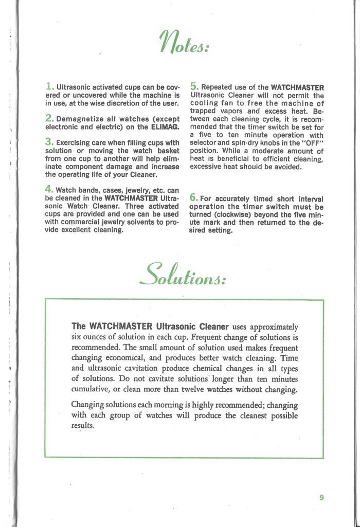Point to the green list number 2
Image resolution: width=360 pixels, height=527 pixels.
tap(49, 118)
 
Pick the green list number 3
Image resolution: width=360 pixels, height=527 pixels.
tap(49, 141)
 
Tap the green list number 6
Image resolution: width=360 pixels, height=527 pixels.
tap(194, 197)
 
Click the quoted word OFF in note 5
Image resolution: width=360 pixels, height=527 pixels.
tap(312, 143)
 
